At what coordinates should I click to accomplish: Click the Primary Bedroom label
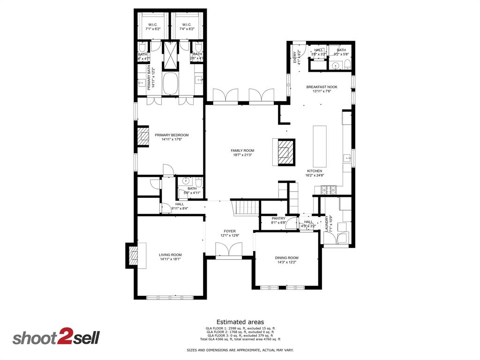coord(172,135)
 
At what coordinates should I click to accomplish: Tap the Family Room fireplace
coord(284,152)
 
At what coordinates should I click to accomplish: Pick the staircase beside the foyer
coord(245,207)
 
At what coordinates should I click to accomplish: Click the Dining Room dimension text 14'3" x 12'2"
coord(286,262)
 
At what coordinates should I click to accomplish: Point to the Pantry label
coord(278,218)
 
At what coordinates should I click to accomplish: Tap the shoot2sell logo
coord(56,337)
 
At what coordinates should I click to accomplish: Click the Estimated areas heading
coord(240,322)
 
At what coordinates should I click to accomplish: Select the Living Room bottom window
coord(170,297)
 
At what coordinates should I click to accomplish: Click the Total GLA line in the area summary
coord(240,339)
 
